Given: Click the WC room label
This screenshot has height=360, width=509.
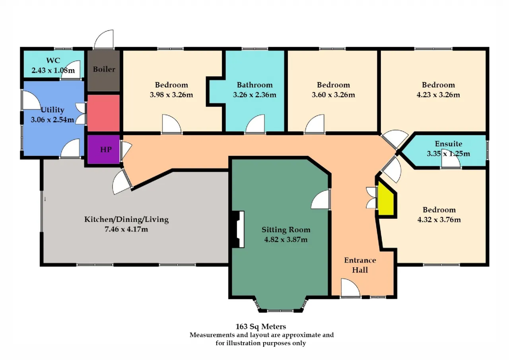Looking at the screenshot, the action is click(x=53, y=60).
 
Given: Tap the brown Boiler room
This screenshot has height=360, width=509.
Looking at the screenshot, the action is click(x=104, y=71).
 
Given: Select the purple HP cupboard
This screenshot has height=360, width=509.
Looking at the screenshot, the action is click(x=104, y=149).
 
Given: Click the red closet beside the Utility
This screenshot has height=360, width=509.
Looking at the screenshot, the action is click(x=104, y=113).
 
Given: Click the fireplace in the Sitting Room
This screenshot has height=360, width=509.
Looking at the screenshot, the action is click(x=238, y=229).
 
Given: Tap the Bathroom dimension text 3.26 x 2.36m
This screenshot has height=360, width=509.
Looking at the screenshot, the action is click(x=254, y=95).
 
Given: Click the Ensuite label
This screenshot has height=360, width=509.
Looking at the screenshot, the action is click(x=448, y=144).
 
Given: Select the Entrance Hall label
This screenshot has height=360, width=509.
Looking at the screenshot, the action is click(x=360, y=265).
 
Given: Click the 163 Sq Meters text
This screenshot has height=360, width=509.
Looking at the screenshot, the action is click(x=260, y=327).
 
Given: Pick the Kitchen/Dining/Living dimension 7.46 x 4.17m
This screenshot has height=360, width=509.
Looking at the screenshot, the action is click(x=126, y=229).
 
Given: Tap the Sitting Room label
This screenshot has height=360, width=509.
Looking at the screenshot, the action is click(x=286, y=230).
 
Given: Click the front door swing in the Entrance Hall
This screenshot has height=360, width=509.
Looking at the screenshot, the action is click(x=350, y=288).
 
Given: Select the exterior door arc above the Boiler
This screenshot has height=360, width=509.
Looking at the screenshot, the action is click(x=104, y=39).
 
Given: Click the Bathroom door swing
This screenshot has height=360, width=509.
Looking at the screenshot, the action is click(x=255, y=123).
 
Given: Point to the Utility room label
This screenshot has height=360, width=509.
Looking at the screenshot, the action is click(x=52, y=110).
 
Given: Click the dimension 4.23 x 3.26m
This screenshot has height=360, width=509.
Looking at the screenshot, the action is click(x=438, y=95).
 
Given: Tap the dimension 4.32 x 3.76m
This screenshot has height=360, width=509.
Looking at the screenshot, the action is click(x=439, y=220).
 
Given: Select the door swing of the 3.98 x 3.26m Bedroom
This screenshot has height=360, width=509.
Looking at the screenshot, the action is click(x=171, y=123).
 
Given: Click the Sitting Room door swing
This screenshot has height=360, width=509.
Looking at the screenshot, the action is click(x=320, y=199).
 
